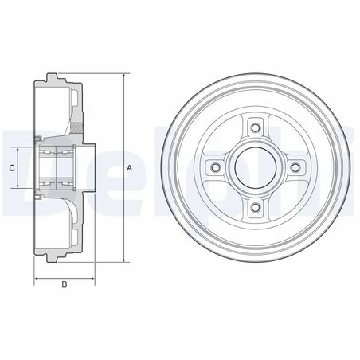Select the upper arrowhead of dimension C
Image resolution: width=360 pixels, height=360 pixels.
18,149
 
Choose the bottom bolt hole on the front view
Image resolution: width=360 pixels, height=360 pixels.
254,209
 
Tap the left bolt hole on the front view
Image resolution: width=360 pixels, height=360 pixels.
213,167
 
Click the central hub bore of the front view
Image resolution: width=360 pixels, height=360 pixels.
254,167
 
